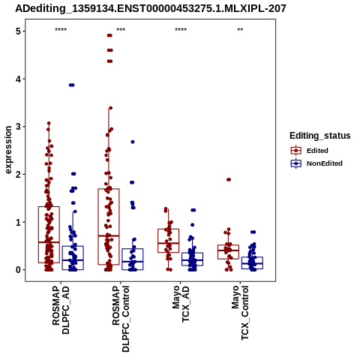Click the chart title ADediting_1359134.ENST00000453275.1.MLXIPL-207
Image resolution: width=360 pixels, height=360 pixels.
(x=151, y=9)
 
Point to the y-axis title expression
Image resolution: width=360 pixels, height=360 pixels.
(x=8, y=150)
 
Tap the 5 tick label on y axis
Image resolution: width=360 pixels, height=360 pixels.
(x=18, y=31)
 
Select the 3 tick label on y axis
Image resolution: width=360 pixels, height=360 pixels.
(x=18, y=127)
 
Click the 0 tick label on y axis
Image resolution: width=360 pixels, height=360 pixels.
(x=18, y=270)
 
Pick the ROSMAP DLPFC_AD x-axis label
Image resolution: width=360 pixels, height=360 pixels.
(x=61, y=310)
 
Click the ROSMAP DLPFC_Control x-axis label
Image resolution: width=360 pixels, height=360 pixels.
(x=121, y=319)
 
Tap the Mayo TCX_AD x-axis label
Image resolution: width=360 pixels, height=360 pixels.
(x=181, y=304)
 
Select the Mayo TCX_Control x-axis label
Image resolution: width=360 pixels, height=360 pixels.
(x=240, y=313)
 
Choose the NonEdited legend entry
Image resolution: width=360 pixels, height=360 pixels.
(x=316, y=163)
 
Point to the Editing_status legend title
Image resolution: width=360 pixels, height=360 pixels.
(x=320, y=136)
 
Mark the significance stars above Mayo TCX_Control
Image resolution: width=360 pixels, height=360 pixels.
(x=240, y=30)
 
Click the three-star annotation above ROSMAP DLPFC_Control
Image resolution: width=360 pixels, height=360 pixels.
(x=121, y=30)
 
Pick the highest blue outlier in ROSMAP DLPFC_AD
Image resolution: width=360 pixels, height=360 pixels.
(x=72, y=85)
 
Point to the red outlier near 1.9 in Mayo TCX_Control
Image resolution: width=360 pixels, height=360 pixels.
(x=229, y=179)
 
